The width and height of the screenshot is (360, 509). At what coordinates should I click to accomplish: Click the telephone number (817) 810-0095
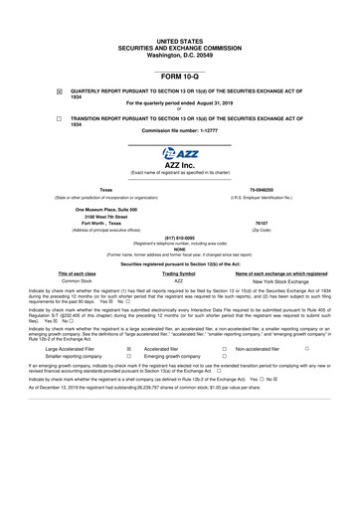pos(180,238)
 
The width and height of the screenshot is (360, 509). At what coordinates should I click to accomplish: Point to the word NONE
pos(180,251)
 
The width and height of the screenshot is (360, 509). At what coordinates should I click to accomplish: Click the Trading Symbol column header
pos(179,272)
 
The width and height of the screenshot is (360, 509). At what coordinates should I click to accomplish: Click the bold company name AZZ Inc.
pos(180,166)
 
